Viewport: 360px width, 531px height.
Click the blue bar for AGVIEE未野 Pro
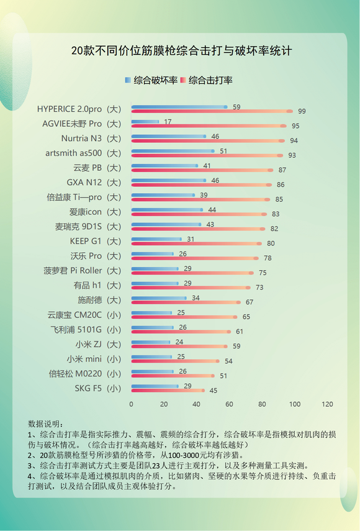tap(145, 122)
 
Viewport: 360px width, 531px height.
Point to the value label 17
tap(168, 122)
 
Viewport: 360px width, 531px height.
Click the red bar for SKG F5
tap(168, 391)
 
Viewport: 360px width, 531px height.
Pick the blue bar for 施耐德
tap(158, 298)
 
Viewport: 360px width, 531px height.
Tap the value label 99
tap(302, 111)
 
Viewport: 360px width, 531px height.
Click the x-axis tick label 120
tap(327, 404)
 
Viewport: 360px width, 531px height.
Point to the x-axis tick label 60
tap(229, 404)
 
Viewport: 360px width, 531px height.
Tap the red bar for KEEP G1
tap(196, 243)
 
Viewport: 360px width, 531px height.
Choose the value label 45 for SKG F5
tap(214, 391)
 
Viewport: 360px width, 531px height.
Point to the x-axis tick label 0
tap(131, 404)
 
